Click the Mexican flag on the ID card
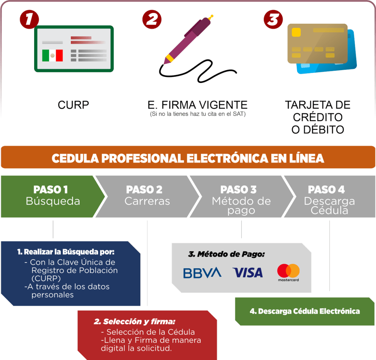click(x=53, y=55)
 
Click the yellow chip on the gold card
click(x=296, y=33)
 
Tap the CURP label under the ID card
click(x=73, y=105)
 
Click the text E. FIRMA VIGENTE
click(x=198, y=105)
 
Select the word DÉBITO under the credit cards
click(x=318, y=129)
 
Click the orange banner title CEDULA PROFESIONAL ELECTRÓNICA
click(x=188, y=158)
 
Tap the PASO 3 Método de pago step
click(x=241, y=200)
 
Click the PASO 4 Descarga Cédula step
click(x=329, y=200)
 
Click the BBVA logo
click(x=202, y=273)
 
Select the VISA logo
click(x=247, y=273)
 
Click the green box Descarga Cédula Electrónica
click(x=304, y=311)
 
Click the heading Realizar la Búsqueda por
click(x=66, y=252)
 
